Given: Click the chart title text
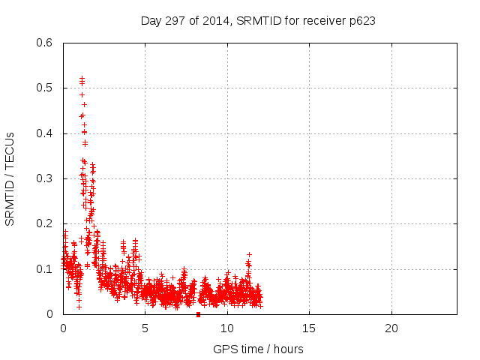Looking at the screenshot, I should (258, 20).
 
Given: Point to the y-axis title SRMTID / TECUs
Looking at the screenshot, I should (10, 178).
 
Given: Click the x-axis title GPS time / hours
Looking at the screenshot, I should (258, 349).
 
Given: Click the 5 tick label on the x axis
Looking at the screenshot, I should (145, 328).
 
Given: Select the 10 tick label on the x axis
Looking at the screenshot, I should (227, 328).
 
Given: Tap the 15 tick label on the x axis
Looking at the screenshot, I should (309, 328).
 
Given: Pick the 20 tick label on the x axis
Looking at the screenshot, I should (391, 328).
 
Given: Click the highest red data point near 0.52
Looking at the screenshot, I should (82, 78).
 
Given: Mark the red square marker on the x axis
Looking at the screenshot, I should (198, 314).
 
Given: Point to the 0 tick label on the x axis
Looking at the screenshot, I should (63, 328).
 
